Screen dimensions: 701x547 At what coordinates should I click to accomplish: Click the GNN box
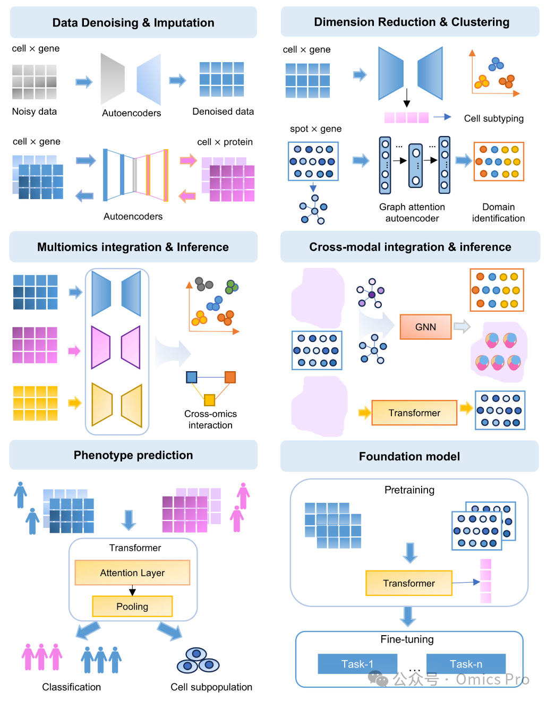425,327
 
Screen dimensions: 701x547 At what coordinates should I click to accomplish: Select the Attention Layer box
132,573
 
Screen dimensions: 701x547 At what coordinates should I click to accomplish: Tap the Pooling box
132,606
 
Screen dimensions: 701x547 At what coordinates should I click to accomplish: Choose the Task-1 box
357,664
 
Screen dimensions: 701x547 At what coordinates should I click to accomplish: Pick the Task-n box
466,664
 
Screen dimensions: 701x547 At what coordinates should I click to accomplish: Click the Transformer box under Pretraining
408,583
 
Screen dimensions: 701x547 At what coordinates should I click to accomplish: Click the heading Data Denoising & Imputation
133,23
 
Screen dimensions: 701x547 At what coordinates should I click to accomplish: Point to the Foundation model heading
409,457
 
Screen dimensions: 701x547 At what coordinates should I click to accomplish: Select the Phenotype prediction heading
133,455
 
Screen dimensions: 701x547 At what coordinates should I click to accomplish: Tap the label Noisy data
35,112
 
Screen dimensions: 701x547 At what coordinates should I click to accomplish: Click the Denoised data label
223,112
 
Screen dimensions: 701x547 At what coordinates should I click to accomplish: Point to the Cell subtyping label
493,118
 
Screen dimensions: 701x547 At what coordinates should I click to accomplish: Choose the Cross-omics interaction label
210,420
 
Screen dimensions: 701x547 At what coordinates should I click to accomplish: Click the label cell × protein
225,142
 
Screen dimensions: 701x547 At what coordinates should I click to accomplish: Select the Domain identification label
498,212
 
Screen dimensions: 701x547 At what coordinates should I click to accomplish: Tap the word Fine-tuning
407,639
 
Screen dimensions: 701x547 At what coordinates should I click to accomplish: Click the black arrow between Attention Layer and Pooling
132,591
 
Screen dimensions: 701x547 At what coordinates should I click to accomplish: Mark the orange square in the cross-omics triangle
230,377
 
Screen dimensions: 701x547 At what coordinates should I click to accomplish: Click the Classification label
72,687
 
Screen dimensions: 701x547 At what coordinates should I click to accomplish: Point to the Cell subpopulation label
211,687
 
